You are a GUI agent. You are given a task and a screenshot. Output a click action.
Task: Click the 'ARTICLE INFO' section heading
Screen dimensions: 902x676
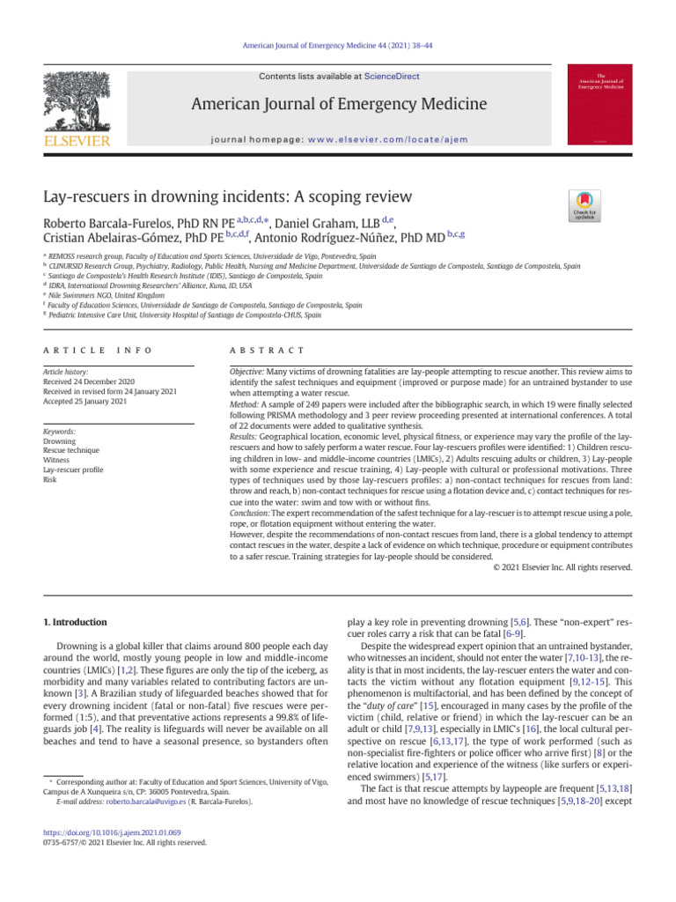[x=98, y=351]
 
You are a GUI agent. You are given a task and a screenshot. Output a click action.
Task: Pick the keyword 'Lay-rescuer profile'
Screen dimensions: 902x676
[x=73, y=470]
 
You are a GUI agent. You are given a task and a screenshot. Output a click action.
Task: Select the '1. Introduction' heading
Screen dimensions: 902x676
[x=76, y=622]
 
